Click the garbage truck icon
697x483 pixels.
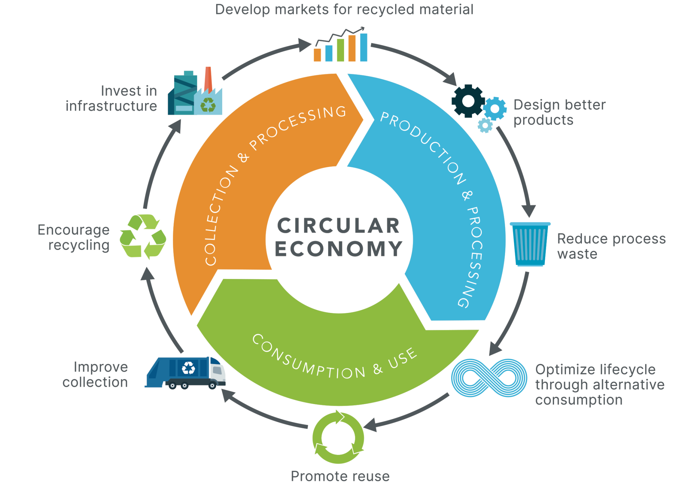(x=185, y=373)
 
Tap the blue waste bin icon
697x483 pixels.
(x=530, y=244)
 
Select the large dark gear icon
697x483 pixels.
(x=468, y=101)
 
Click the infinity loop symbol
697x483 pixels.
(x=489, y=378)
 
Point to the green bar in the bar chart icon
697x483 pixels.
(x=340, y=50)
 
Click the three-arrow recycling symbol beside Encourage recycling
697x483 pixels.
(x=143, y=236)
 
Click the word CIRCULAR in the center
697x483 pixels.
(x=339, y=226)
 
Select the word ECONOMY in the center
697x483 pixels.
(x=339, y=249)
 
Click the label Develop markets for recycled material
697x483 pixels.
(x=344, y=10)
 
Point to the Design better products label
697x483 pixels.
(x=559, y=112)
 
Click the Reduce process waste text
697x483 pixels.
(x=611, y=246)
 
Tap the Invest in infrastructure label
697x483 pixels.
(x=111, y=98)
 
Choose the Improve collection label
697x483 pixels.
(x=95, y=374)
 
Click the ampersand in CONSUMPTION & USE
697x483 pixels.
(x=377, y=369)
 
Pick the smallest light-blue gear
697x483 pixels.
(x=485, y=126)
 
